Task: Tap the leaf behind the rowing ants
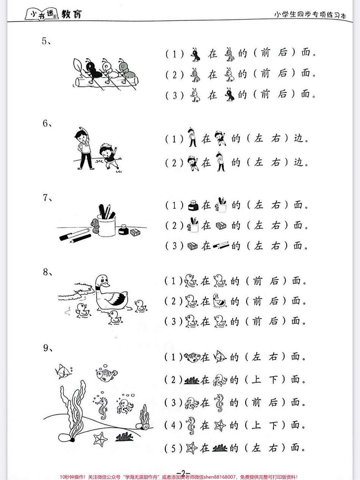77,66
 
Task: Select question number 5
46,41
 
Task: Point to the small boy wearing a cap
109,156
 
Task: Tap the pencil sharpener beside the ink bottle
135,232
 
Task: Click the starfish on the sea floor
100,438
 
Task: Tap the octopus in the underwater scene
124,406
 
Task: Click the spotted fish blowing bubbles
107,375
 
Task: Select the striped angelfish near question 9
63,372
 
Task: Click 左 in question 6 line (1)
258,138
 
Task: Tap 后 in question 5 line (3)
282,94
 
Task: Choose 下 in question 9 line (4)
273,425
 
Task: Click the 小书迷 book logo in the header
42,14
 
